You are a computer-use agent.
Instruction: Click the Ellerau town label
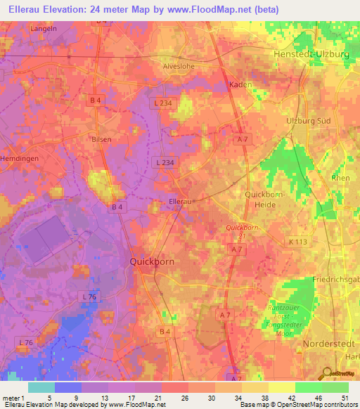(181, 202)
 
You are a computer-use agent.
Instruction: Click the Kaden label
(241, 84)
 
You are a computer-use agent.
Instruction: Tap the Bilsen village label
(101, 140)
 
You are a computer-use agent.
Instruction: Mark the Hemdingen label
(20, 160)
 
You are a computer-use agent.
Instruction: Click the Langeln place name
(44, 29)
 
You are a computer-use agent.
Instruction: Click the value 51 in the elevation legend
(344, 397)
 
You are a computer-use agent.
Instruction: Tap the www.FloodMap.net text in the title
(215, 9)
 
